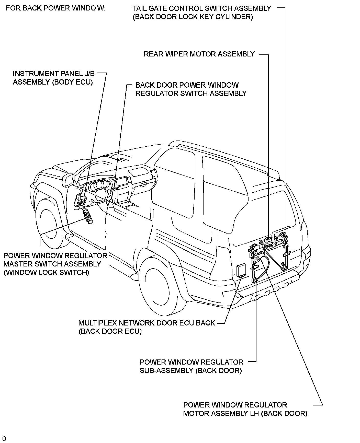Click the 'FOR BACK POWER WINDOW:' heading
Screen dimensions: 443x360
click(x=56, y=8)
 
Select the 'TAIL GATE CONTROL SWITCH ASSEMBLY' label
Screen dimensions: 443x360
click(x=201, y=8)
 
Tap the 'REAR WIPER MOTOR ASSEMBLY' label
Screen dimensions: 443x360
click(x=199, y=54)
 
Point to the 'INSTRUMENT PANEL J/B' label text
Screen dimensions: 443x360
click(x=54, y=74)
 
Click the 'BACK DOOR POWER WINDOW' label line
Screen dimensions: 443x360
click(x=187, y=85)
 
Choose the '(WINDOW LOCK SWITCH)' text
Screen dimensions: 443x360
click(x=46, y=273)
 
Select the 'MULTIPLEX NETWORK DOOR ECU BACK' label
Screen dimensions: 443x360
click(x=147, y=323)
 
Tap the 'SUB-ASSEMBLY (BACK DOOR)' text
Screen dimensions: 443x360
click(x=190, y=370)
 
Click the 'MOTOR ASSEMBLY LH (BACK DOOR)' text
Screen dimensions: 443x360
click(x=245, y=413)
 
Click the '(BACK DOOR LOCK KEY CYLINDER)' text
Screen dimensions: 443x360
click(x=193, y=17)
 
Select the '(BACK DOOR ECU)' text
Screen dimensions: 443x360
click(x=110, y=331)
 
